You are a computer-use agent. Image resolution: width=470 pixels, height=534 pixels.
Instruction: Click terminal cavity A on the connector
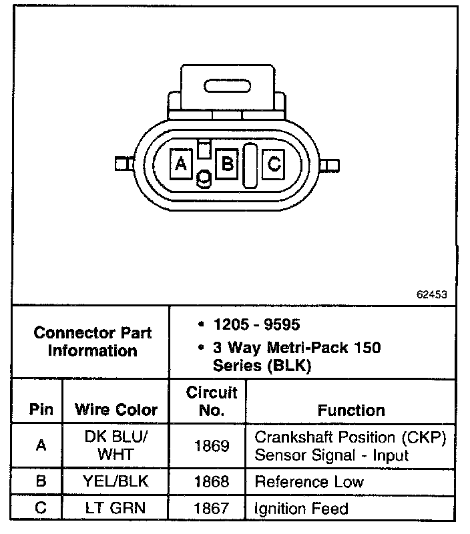tap(180, 163)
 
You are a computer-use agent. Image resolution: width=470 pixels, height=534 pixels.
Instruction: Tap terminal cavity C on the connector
tap(274, 163)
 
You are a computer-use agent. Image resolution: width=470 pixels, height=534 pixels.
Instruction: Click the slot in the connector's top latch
tap(227, 87)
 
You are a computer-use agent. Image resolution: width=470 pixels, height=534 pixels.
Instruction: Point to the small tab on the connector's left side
tap(121, 164)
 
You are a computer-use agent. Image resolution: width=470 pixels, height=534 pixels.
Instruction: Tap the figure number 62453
tap(431, 294)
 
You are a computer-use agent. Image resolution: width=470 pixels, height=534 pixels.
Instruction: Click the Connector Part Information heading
tap(93, 341)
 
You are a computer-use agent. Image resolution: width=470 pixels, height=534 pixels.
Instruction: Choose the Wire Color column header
tap(116, 409)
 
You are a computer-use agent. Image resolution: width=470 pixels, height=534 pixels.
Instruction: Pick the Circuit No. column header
tap(212, 401)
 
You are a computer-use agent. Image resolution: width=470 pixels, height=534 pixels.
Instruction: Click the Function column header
tap(351, 410)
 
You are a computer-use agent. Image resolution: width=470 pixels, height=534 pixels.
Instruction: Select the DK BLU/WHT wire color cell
tap(116, 445)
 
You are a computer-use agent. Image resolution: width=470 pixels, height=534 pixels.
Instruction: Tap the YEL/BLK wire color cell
tap(116, 481)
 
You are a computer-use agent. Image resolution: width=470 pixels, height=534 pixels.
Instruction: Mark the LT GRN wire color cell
tap(116, 509)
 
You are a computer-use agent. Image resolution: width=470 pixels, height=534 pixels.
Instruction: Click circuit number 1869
tap(212, 445)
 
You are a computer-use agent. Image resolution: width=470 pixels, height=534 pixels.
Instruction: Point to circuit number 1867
tap(212, 509)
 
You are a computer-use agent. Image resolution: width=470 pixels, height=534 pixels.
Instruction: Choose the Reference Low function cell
tap(309, 481)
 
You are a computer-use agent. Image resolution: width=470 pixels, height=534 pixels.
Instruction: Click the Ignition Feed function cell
tap(302, 509)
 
